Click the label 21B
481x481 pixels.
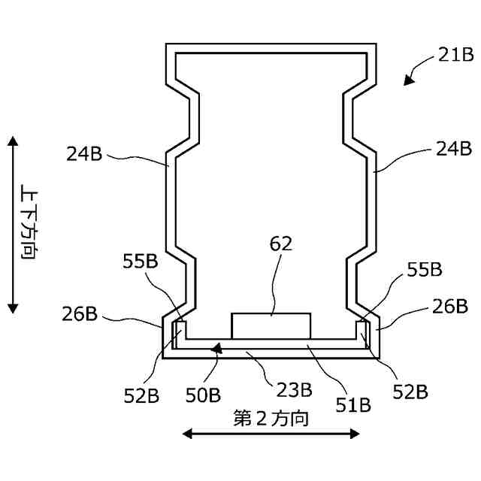pos(455,55)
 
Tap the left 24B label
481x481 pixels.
pos(84,153)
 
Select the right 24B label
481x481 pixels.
pos(454,149)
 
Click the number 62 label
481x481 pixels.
pos(280,244)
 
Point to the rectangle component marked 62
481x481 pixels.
pos(271,325)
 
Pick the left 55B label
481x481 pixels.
pos(141,262)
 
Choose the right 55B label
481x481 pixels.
pos(425,270)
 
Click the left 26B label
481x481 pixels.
pos(80,314)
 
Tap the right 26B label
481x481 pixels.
pos(450,306)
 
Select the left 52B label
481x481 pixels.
pos(141,396)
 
